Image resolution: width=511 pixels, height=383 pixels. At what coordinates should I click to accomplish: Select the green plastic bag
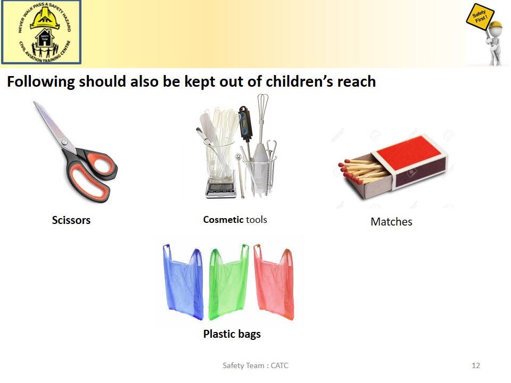click(x=228, y=284)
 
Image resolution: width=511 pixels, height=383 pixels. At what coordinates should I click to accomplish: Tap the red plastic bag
click(x=275, y=284)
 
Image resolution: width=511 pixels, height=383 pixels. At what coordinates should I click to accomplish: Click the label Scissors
click(x=71, y=220)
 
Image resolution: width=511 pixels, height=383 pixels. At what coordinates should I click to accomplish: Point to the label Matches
click(x=391, y=222)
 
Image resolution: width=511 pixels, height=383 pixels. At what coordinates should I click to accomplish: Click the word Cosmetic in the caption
click(x=223, y=220)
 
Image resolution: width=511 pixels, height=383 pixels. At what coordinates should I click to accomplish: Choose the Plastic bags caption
click(x=232, y=334)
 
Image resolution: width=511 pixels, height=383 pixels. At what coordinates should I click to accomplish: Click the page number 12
click(x=476, y=365)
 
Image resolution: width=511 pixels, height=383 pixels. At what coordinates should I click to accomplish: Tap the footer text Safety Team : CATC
click(x=255, y=365)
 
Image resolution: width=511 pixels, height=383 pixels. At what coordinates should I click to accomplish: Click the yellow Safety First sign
click(x=480, y=17)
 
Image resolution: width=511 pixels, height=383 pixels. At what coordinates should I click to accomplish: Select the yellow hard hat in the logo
click(x=45, y=19)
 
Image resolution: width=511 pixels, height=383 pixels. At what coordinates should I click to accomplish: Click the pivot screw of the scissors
click(x=65, y=143)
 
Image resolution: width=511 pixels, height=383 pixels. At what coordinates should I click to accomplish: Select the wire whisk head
click(x=262, y=107)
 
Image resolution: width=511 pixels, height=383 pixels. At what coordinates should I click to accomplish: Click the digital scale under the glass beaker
click(x=221, y=187)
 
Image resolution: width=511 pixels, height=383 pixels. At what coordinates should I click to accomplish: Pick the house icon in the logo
click(x=45, y=38)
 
